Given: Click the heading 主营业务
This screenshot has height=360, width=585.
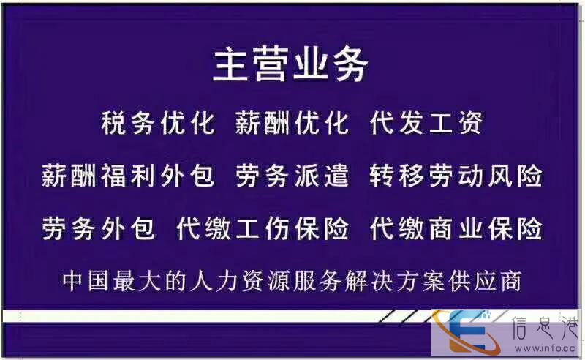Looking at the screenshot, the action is tap(290, 66).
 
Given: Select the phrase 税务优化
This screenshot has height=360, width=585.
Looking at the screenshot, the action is tap(158, 123).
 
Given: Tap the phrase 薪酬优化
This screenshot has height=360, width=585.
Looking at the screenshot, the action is tap(292, 123).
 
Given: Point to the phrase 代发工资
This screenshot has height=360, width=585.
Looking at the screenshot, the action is tap(426, 123).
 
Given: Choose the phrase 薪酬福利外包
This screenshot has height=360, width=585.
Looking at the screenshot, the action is tap(128, 175).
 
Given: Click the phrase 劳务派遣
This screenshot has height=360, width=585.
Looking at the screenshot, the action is tap(292, 175).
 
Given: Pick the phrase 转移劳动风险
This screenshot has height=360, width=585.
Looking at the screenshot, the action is tap(456, 175).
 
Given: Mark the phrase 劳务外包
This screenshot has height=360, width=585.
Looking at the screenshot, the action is tap(98, 228).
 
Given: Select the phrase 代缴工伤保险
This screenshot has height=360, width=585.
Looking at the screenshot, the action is tap(263, 228).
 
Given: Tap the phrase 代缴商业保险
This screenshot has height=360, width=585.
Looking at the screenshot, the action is tap(456, 228).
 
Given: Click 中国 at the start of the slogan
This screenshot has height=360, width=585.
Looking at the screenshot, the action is tap(87, 281).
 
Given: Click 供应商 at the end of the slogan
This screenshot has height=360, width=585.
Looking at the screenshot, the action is tap(485, 281).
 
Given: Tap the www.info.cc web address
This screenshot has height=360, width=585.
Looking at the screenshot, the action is tap(545, 349).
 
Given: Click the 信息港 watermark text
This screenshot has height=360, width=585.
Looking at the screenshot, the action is tap(546, 329).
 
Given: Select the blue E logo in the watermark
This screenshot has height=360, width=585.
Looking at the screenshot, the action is tap(469, 331).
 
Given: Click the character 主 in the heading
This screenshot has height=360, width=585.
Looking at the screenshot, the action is tap(231, 66).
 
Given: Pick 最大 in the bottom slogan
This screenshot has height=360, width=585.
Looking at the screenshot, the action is tap(138, 281).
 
